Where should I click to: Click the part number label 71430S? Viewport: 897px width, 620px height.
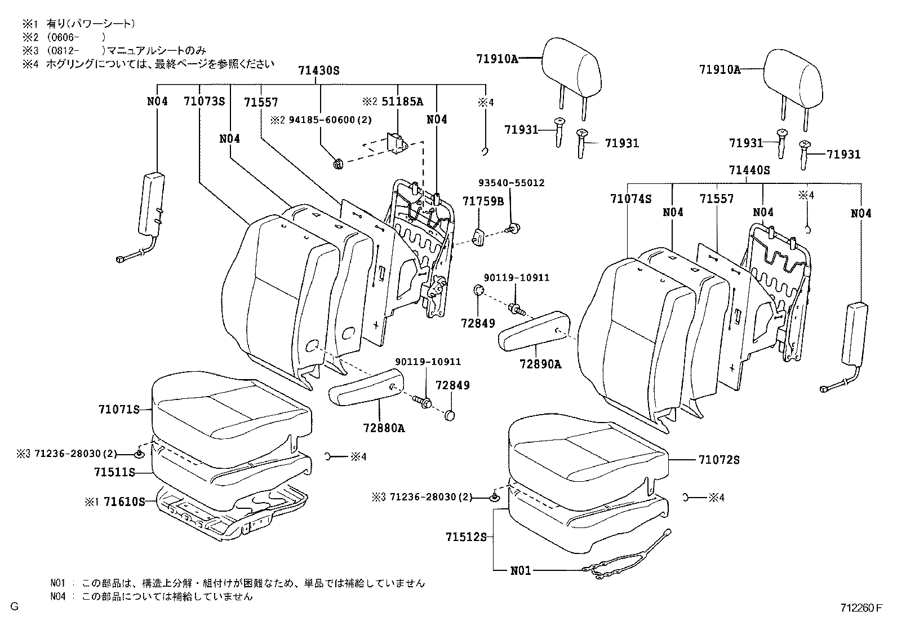pos(319,70)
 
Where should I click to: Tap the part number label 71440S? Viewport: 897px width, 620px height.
pos(749,170)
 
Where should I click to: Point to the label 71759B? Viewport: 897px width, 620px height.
pos(483,201)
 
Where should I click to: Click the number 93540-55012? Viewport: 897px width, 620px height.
pos(511,183)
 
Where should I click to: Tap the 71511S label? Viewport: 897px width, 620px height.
pos(115,472)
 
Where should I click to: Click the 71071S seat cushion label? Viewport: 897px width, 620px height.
pos(118,410)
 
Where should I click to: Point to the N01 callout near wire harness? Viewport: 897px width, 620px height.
pos(521,570)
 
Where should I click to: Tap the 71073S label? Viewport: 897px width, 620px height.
pos(203,102)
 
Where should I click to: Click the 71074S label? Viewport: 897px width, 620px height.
pos(630,199)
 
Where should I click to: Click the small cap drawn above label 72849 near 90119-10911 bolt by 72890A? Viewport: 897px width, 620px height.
pos(477,291)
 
